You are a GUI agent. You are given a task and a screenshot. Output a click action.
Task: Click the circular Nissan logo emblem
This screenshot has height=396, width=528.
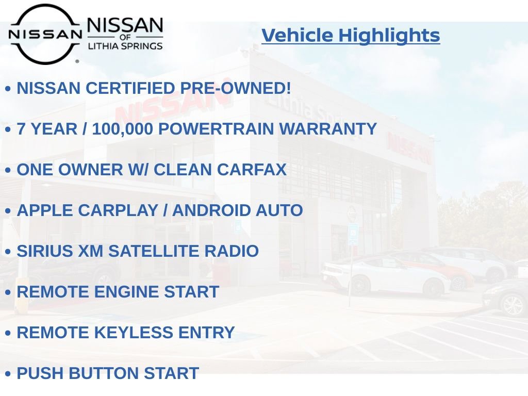point(45,34)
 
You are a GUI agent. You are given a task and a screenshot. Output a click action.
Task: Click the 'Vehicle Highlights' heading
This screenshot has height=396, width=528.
point(351,36)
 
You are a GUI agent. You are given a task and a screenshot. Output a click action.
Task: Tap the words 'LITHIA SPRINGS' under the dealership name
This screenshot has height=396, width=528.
point(125,46)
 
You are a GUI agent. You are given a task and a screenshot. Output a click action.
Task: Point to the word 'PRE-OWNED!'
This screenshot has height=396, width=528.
point(236,88)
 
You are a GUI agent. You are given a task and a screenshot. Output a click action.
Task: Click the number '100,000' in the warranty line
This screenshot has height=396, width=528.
point(122,129)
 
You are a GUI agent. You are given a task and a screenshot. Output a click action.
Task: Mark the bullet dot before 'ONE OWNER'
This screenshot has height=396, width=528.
point(8,170)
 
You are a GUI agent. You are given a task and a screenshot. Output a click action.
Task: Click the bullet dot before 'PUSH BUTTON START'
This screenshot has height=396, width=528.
point(8,374)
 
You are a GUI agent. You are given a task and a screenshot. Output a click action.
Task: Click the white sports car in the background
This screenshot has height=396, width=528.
point(384,276)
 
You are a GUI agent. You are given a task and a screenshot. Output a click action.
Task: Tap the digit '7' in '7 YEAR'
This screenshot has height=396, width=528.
point(22,129)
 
